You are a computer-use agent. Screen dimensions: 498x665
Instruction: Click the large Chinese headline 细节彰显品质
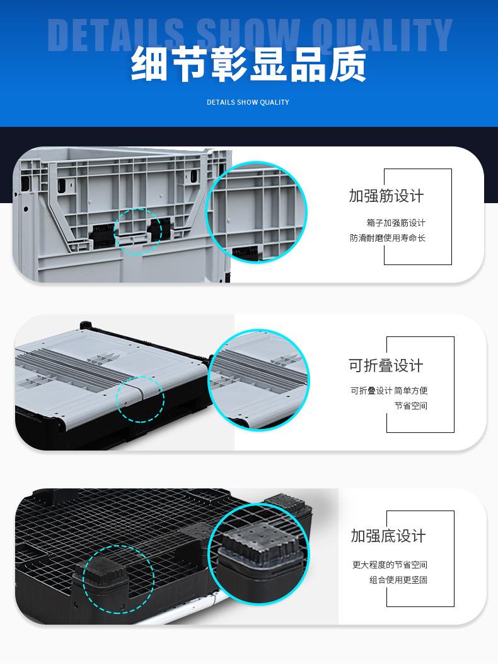coord(248,64)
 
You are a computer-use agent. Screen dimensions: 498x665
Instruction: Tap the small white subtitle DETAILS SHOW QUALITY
coord(248,102)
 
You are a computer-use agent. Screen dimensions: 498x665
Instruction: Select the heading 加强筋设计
coord(386,196)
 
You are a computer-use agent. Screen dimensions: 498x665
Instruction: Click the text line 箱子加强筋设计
coord(396,223)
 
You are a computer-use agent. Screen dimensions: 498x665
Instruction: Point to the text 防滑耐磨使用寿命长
coord(388,238)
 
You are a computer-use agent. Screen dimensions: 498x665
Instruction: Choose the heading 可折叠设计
coord(386,365)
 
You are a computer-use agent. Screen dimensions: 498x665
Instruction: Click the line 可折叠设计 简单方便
coord(389,391)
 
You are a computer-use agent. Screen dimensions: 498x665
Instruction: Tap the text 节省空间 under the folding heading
coord(410,406)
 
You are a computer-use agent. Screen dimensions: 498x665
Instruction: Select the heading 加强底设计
coord(388,536)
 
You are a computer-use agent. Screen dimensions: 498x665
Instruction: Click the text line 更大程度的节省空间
coord(390,565)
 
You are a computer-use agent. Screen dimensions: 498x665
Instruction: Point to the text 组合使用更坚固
coord(398,580)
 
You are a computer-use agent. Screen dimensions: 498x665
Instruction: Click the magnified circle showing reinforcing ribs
coord(257,212)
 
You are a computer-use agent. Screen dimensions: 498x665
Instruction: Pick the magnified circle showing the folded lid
coord(258,380)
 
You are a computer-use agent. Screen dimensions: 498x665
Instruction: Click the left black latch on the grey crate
coord(102,236)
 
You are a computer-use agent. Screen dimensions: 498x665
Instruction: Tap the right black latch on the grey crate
coord(159,231)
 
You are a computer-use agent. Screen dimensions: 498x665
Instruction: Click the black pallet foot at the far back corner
coord(288,503)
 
